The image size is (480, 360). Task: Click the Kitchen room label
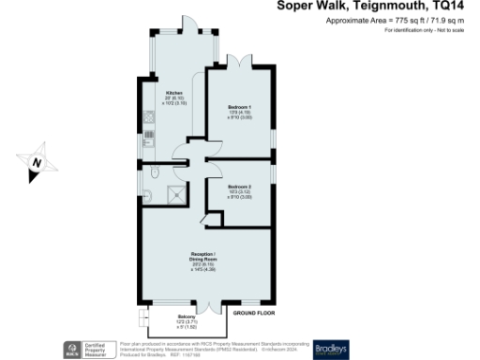coord(174,94)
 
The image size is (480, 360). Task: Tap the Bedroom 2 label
coord(238,187)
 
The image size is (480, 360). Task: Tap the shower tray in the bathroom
coord(174,194)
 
